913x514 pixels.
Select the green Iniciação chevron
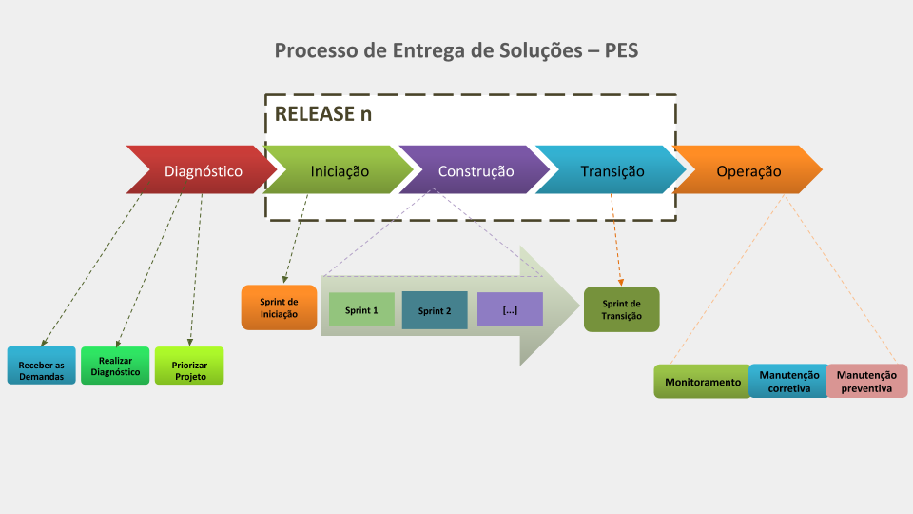(339, 169)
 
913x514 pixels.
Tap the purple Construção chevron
(476, 169)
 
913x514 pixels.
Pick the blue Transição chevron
(612, 169)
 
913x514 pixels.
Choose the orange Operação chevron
(748, 169)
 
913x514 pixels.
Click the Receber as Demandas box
(41, 366)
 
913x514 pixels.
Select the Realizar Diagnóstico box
(115, 366)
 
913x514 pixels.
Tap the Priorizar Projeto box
(189, 366)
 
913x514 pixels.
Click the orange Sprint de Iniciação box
(279, 307)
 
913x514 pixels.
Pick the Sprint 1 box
(361, 309)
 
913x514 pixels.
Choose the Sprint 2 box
(435, 310)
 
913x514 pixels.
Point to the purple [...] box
(510, 309)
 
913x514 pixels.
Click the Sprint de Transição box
(622, 309)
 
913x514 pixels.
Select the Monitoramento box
(703, 382)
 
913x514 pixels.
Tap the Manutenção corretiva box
(789, 381)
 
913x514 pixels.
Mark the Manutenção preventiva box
(867, 381)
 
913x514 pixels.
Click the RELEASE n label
(323, 113)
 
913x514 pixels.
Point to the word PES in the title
(621, 50)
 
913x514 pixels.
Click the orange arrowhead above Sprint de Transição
(621, 283)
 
